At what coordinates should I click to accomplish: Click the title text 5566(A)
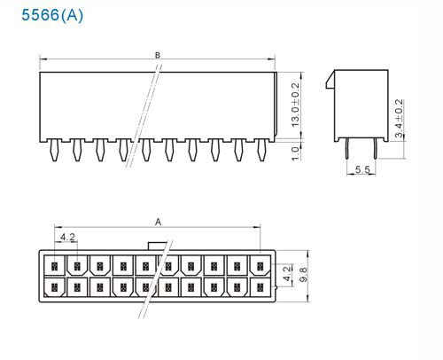(x=52, y=15)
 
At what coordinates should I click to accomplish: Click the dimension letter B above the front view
(x=158, y=55)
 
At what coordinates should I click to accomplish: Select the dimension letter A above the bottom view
(x=159, y=222)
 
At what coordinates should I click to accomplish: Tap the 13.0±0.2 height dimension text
(x=295, y=105)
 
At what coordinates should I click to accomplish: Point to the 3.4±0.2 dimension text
(x=399, y=119)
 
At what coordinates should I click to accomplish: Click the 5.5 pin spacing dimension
(x=362, y=169)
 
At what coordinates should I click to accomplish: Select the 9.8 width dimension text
(x=303, y=274)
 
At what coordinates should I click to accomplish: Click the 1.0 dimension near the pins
(x=295, y=153)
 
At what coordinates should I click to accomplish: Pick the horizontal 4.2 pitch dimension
(x=67, y=237)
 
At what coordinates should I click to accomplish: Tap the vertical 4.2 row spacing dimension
(x=287, y=275)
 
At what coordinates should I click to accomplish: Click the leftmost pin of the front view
(x=54, y=150)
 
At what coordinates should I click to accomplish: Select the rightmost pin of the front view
(x=261, y=150)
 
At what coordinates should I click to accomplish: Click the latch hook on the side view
(x=330, y=80)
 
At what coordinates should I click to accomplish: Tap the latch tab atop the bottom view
(x=158, y=246)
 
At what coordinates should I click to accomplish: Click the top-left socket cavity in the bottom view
(x=54, y=265)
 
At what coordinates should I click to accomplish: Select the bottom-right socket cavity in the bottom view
(x=260, y=287)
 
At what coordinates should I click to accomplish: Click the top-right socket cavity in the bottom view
(x=260, y=265)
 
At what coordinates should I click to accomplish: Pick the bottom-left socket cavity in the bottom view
(x=54, y=287)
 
